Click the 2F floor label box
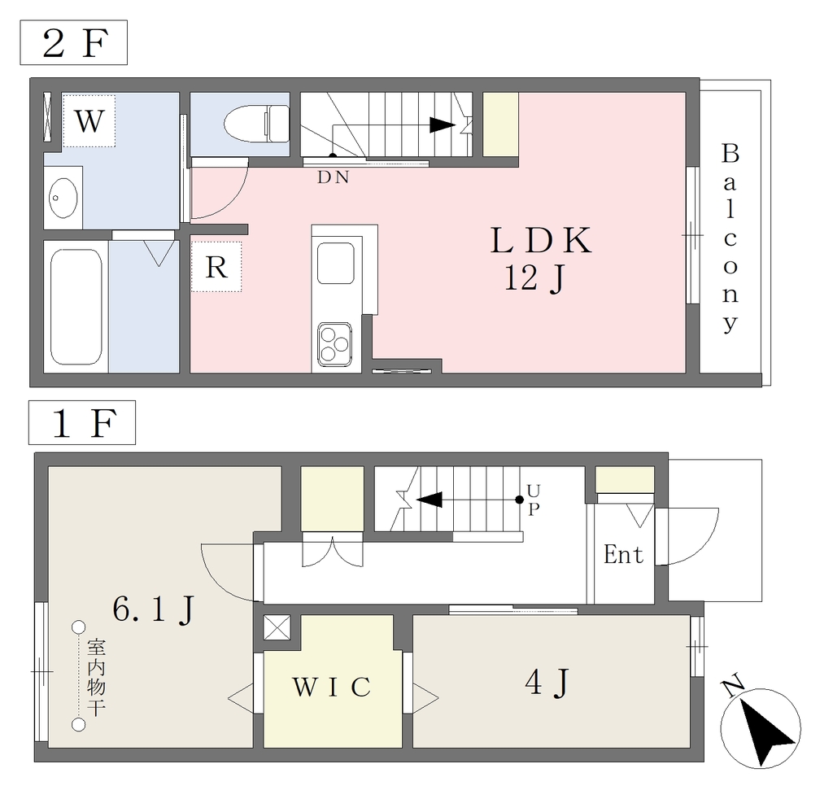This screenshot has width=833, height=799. [x=74, y=42]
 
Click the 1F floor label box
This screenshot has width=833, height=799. [x=82, y=422]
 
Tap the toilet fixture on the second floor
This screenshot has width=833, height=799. [x=256, y=124]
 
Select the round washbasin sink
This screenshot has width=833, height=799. [x=63, y=198]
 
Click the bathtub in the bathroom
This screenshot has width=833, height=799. [x=76, y=307]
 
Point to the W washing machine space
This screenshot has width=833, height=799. [x=89, y=120]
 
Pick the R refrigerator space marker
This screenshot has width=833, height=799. [x=216, y=267]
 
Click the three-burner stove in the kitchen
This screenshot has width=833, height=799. [x=334, y=344]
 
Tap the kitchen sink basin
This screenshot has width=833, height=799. [x=336, y=263]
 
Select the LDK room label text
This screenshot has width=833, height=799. [x=541, y=241]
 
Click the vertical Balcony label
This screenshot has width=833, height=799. [x=731, y=238]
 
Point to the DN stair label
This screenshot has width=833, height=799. [x=333, y=177]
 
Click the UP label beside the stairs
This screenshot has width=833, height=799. [x=534, y=500]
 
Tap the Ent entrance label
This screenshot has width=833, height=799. [x=623, y=555]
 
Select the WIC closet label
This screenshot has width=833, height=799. [x=332, y=687]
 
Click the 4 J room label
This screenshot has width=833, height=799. [x=547, y=683]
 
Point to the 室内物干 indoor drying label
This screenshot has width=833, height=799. [x=97, y=677]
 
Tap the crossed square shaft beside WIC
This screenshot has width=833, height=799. [x=277, y=627]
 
